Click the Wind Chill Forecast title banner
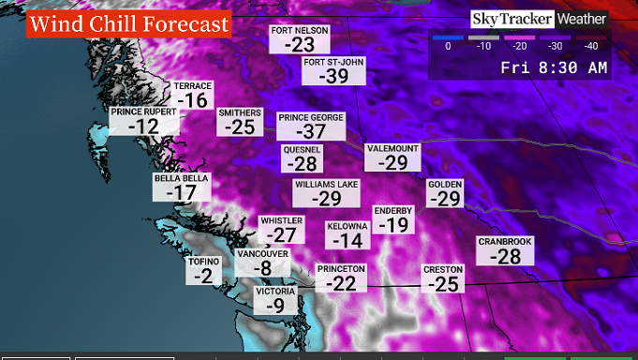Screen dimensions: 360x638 pyautogui.click(x=128, y=22)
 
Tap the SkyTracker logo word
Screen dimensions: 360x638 pyautogui.click(x=511, y=19)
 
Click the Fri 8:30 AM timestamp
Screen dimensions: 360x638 pyautogui.click(x=553, y=67)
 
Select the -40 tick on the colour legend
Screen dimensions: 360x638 pyautogui.click(x=590, y=45)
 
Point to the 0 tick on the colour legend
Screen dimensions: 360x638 pyautogui.click(x=448, y=45)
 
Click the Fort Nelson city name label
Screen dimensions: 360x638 pyautogui.click(x=300, y=30)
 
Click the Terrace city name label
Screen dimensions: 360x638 pyautogui.click(x=193, y=86)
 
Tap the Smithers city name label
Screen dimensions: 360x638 pyautogui.click(x=240, y=113)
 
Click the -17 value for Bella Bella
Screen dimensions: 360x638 pyautogui.click(x=181, y=192)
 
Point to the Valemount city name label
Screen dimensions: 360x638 pyautogui.click(x=393, y=148)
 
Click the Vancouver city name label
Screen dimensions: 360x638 pyautogui.click(x=261, y=254)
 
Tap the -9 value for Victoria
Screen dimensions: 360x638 pyautogui.click(x=275, y=306)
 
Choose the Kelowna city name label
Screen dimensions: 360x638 pyautogui.click(x=347, y=227)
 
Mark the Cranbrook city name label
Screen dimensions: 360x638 pyautogui.click(x=505, y=241)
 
